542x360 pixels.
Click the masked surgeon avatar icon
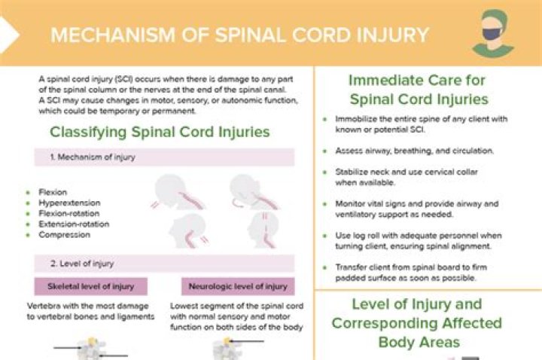point(492,34)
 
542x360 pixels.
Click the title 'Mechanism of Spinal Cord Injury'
point(239,35)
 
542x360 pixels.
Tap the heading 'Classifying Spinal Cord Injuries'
point(160,132)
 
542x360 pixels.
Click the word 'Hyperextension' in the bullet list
point(69,203)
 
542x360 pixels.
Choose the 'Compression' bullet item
point(64,234)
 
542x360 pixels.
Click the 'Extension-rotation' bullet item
point(74,224)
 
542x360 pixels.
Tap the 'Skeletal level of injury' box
point(91,286)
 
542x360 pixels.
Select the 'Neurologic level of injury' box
point(238,286)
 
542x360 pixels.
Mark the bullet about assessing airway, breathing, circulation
point(414,151)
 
